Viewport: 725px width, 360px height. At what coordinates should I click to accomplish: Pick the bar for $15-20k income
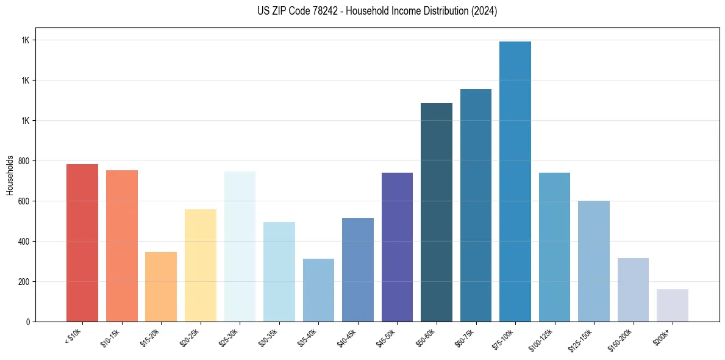point(161,287)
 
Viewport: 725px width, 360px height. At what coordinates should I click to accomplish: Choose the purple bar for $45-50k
point(397,247)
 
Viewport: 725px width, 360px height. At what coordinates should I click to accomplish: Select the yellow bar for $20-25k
point(200,265)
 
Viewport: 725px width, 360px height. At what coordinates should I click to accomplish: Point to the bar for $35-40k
point(318,290)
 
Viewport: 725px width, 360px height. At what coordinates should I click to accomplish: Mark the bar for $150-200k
point(633,290)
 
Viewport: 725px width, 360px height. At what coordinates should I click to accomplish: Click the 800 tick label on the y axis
point(24,161)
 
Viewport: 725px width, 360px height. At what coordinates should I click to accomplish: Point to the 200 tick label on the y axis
point(24,282)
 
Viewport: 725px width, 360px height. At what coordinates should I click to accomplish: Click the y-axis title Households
point(10,175)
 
